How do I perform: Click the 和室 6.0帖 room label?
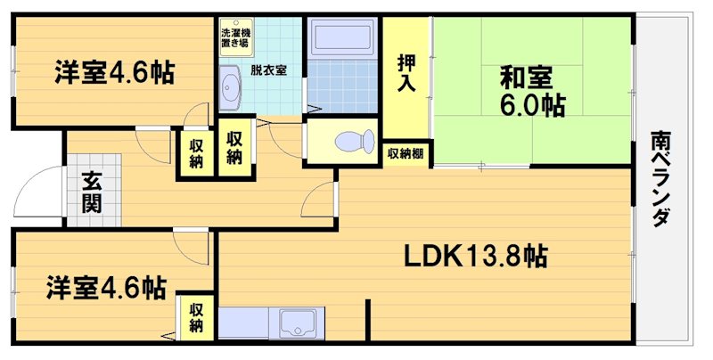pos(530,91)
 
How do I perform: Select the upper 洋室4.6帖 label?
pos(114,72)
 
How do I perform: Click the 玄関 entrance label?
pos(90,192)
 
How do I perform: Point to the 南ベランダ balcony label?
pos(660,178)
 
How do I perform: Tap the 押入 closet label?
pos(406,73)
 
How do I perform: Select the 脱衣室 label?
pos(267,70)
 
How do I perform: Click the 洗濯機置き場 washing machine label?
pos(235,38)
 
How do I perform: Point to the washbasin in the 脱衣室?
pos(232,88)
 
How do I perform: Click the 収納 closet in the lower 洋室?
pos(196,318)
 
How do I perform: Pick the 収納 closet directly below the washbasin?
pos(234,147)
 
